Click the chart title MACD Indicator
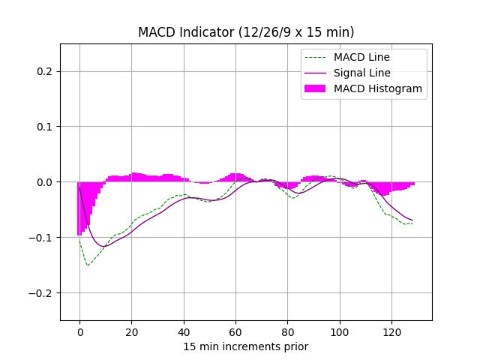click(246, 32)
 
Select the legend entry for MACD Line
click(361, 57)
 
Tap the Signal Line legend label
click(361, 73)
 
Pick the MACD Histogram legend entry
click(377, 88)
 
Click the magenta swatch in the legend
click(315, 88)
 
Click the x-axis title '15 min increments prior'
click(246, 346)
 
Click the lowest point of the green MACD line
click(88, 265)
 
